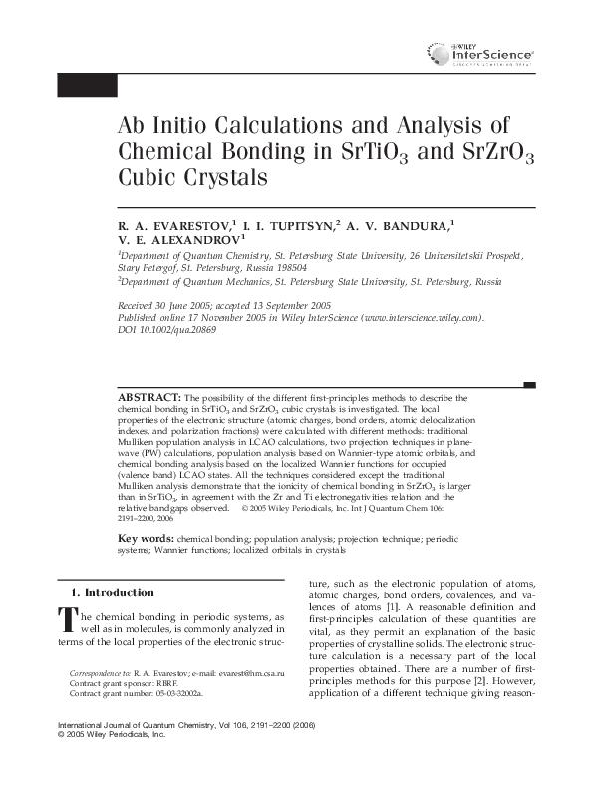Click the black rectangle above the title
pyautogui.click(x=87, y=86)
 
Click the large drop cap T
pyautogui.click(x=68, y=620)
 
